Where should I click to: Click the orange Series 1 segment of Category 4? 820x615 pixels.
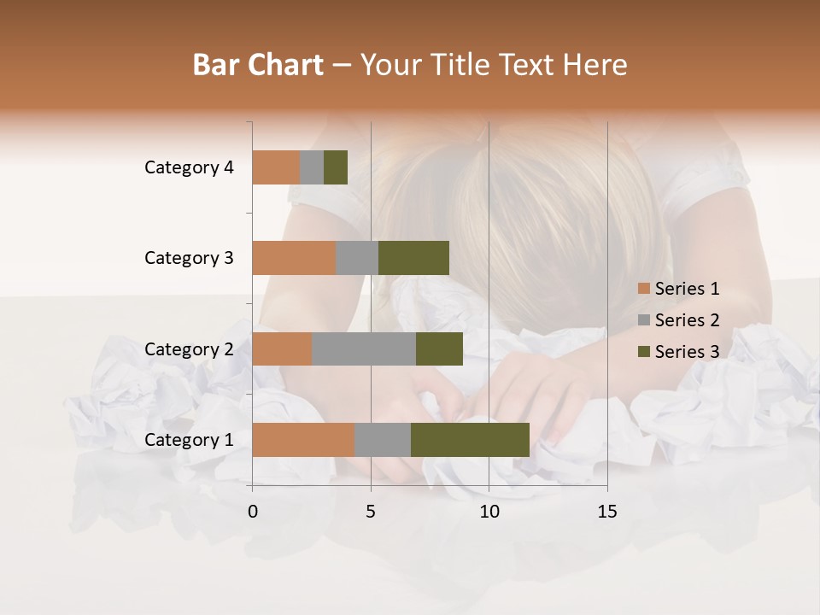click(x=276, y=167)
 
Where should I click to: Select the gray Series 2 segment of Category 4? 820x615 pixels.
click(x=312, y=167)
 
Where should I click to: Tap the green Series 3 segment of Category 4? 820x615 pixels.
click(x=336, y=167)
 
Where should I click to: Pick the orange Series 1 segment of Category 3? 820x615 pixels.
click(x=294, y=258)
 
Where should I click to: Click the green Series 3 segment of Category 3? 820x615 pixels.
click(x=413, y=258)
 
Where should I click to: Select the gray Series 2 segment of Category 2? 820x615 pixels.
click(x=364, y=348)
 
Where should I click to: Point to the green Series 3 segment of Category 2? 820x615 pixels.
click(x=439, y=348)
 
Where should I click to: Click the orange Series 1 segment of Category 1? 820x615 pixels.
click(x=303, y=440)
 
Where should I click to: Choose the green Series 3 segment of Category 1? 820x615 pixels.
click(x=470, y=440)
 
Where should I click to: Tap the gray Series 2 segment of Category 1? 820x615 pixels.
click(x=383, y=440)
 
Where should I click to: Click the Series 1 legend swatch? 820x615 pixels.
click(x=643, y=289)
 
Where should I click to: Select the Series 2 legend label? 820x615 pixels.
click(x=687, y=320)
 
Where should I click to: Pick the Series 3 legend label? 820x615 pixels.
click(x=687, y=352)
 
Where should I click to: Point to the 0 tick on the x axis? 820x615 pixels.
click(x=253, y=512)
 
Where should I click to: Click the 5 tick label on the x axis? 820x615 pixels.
click(x=371, y=512)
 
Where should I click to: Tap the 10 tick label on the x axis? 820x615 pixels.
click(x=489, y=512)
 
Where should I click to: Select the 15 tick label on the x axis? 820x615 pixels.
click(x=606, y=512)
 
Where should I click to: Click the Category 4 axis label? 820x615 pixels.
click(x=189, y=167)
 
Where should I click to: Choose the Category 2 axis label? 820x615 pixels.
click(x=189, y=348)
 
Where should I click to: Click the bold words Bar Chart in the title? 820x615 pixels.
click(x=258, y=65)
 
